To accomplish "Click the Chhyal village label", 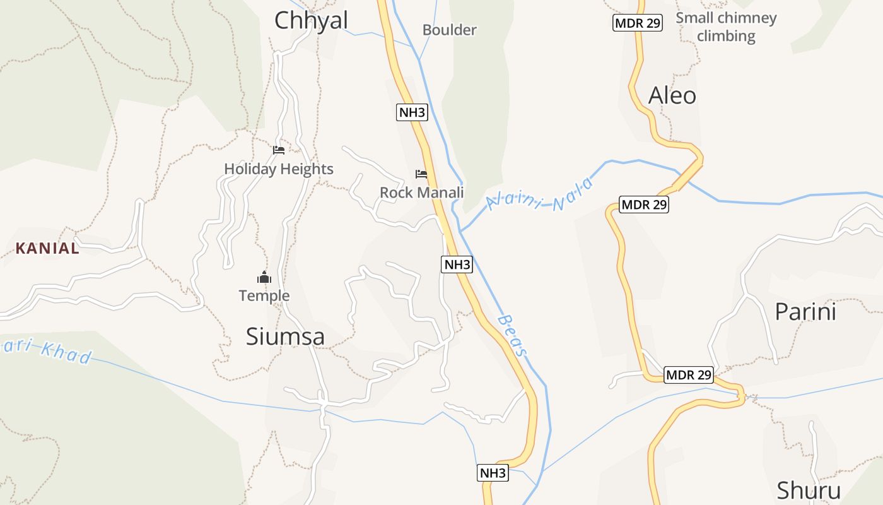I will point(311,20).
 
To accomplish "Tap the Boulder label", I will point(449,30).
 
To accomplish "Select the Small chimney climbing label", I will point(726,27).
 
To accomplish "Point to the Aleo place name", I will point(672,95).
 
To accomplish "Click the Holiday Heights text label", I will point(279,169).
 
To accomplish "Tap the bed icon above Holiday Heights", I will point(279,150).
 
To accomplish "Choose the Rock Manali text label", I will point(421,193).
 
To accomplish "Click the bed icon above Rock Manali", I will point(421,174).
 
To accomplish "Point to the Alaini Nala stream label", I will point(540,195).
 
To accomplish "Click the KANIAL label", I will point(48,248).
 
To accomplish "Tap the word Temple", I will point(264,295).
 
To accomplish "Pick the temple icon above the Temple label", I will point(264,277).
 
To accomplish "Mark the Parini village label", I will point(805,312).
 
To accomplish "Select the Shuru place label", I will point(809,490).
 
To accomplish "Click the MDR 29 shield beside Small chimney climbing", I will point(637,23).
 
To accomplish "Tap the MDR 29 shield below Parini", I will point(689,375).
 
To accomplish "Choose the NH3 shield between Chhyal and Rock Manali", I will point(412,112).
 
